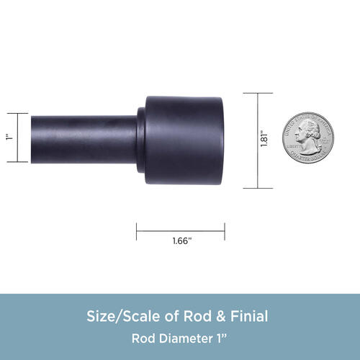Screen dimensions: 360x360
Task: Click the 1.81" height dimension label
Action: pyautogui.click(x=264, y=138)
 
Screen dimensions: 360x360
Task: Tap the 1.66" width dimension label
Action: pyautogui.click(x=182, y=240)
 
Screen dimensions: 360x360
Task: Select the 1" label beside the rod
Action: pyautogui.click(x=9, y=138)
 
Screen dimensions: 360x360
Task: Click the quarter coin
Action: pyautogui.click(x=308, y=138)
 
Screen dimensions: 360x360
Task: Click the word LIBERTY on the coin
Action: pyautogui.click(x=294, y=146)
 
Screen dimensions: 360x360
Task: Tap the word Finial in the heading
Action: pyautogui.click(x=249, y=316)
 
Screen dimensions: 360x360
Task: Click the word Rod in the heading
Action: pyautogui.click(x=197, y=316)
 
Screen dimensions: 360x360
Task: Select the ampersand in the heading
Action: pyautogui.click(x=221, y=316)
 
